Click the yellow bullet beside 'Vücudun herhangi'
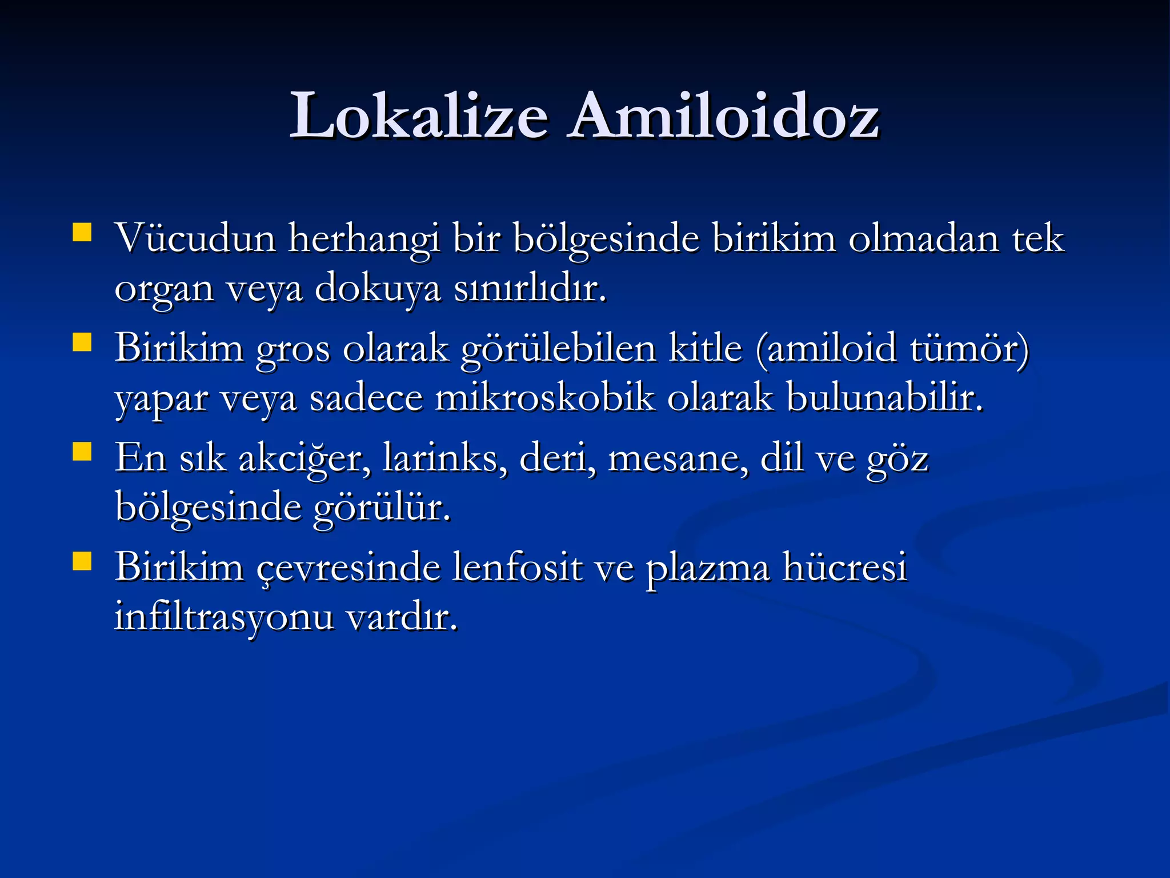82,233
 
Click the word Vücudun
196,238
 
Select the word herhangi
364,239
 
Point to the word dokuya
378,289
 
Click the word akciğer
303,458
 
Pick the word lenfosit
517,567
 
